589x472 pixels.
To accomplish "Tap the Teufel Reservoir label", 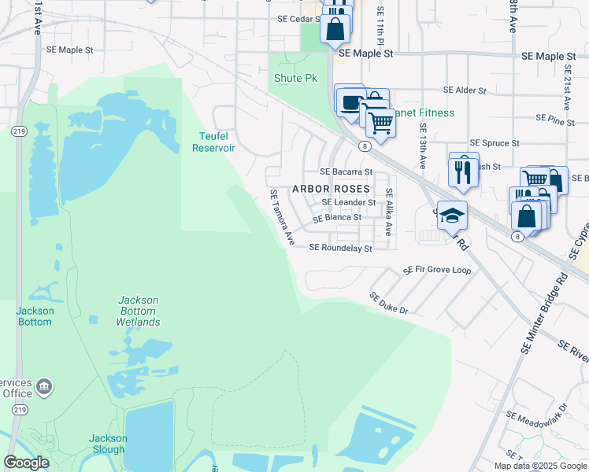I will [x=214, y=142].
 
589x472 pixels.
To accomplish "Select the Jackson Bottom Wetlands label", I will [x=138, y=311].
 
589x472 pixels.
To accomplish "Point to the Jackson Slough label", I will [x=107, y=444].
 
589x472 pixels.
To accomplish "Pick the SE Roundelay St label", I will [x=339, y=247].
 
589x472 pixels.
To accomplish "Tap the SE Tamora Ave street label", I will [x=281, y=216].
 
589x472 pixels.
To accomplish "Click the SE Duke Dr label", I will [x=389, y=304].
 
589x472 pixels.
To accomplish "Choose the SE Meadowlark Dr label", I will [x=537, y=415].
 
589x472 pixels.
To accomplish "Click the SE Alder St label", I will [x=465, y=90].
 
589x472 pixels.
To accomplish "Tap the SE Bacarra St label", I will [x=346, y=171].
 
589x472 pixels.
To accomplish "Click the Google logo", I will [x=26, y=463].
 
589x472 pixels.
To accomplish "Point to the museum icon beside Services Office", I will [x=45, y=385].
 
